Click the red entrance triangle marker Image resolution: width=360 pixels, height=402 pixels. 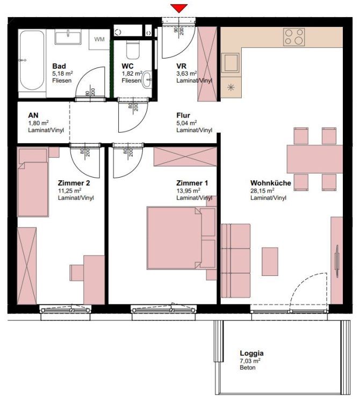[179, 8]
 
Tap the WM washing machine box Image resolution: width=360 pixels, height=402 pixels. [99, 39]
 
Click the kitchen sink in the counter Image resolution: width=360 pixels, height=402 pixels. [232, 62]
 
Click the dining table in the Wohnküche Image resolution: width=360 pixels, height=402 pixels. [315, 159]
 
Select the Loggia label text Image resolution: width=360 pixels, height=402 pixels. [251, 353]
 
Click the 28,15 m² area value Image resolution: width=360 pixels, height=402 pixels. [262, 191]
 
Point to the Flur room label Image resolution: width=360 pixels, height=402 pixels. [183, 115]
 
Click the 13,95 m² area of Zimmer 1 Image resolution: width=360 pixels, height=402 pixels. [189, 191]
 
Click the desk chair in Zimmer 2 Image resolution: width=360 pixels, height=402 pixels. [76, 272]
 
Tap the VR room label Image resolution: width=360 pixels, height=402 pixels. [181, 66]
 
